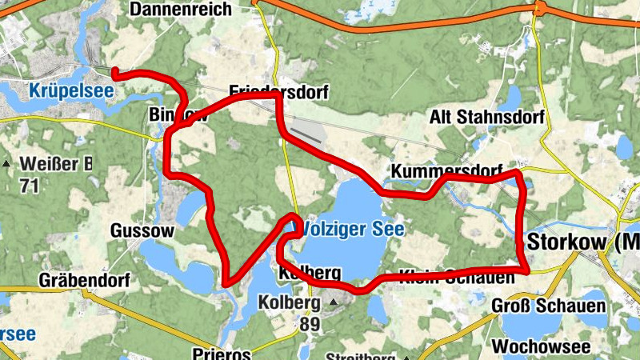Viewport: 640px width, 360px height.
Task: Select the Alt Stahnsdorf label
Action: point(486,118)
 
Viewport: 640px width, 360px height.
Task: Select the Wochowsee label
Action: point(542,346)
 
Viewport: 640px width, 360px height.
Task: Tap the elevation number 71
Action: point(30,186)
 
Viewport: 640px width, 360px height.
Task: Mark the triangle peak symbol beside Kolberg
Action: point(334,302)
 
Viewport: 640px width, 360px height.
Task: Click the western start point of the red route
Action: point(114,74)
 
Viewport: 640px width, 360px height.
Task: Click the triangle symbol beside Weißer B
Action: point(7,164)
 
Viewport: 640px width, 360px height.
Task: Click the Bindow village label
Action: point(178,116)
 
